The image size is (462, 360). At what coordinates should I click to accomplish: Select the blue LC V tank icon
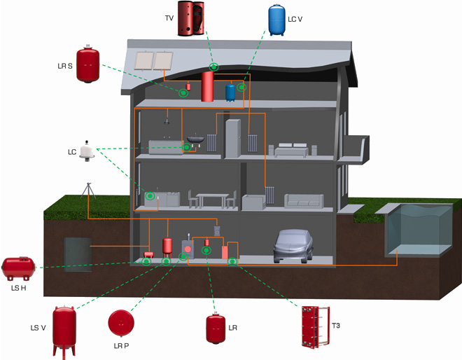[277, 20]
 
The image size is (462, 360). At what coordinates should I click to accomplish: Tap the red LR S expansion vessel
[88, 64]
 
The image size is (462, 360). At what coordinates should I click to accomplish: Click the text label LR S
[64, 66]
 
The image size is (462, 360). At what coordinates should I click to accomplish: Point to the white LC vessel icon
[88, 150]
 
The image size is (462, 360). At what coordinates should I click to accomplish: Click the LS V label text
[38, 327]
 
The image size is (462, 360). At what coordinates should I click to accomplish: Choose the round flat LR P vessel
[120, 323]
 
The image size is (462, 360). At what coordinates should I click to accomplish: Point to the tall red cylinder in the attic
[207, 87]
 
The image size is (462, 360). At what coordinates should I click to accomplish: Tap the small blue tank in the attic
[230, 92]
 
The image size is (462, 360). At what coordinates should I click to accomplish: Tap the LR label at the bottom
[233, 327]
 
